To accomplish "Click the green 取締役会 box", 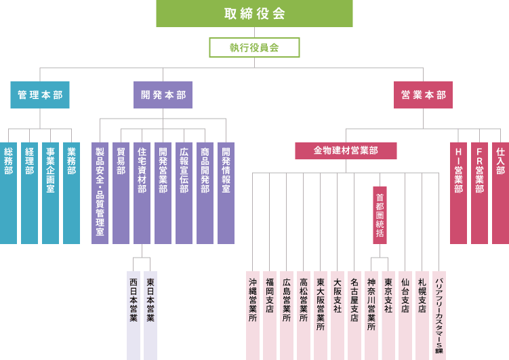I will tap(254, 14).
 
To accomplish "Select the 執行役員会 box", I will tap(254, 47).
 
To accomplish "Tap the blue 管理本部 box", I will tap(40, 95).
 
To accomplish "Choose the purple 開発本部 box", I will tap(163, 95).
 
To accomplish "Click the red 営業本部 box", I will tap(423, 95).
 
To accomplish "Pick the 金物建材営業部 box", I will tap(346, 151).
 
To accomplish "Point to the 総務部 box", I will tap(8, 193).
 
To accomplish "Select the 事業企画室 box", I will tap(50, 193).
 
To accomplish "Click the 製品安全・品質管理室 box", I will tap(100, 193).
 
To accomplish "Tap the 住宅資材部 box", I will tap(142, 193).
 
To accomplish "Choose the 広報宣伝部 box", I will tap(184, 193).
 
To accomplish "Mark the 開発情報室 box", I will tap(226, 193).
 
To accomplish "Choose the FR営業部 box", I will tap(479, 193).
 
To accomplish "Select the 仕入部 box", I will tap(501, 193).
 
